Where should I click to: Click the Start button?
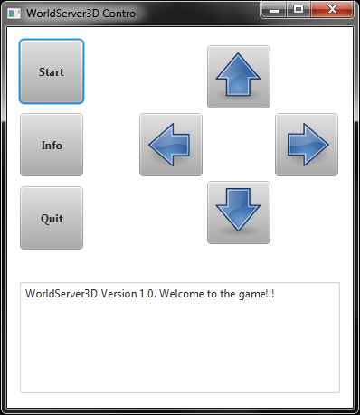pos(52,71)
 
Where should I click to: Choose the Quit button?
pos(52,218)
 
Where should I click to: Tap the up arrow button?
pos(239,77)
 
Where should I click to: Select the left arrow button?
pos(171,145)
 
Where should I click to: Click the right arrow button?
pos(307,145)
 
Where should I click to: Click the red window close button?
pos(335,9)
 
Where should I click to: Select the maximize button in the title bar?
pos(298,9)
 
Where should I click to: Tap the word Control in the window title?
pos(119,14)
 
